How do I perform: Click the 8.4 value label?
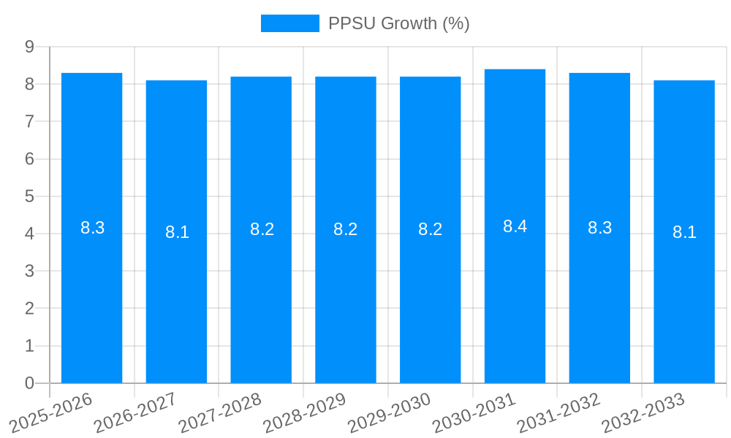coord(515,226)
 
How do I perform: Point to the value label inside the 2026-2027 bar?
coord(177,232)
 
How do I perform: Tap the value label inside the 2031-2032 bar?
coord(599,228)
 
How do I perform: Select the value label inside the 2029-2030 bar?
coord(430,229)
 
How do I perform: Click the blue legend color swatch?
coord(289,23)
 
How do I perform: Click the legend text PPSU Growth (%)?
coord(398,23)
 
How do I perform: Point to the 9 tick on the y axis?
coord(30,47)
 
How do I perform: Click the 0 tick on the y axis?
coord(30,383)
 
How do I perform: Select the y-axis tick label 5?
coord(30,196)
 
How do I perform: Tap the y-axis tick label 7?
coord(30,121)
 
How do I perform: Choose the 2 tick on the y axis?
coord(30,308)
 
